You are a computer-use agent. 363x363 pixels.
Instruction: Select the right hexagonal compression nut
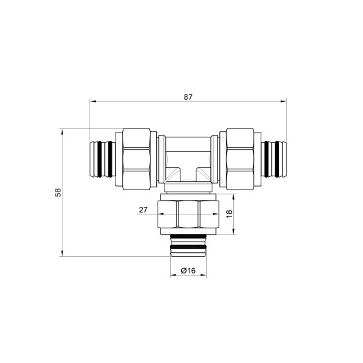[240, 159]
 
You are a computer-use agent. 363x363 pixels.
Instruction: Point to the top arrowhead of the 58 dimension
[63, 130]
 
